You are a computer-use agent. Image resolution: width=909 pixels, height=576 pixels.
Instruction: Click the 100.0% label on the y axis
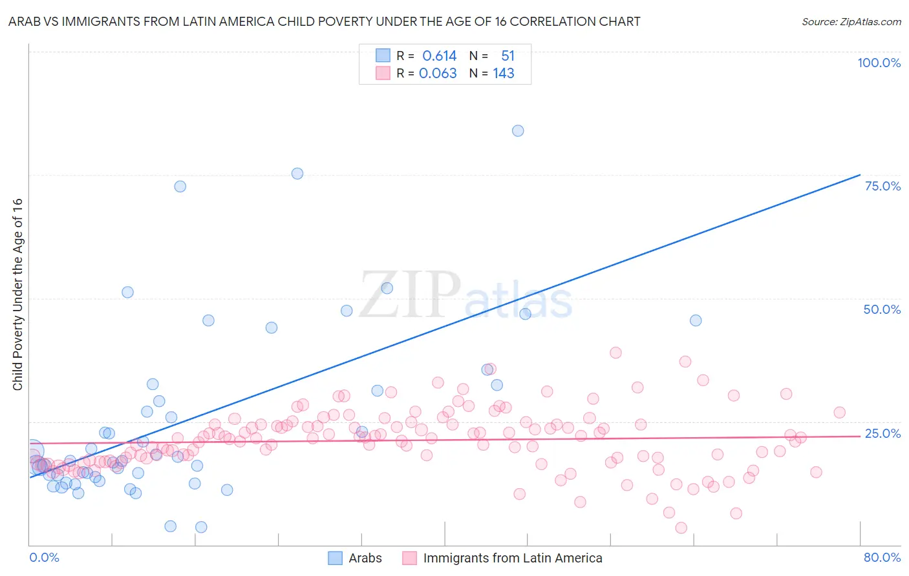879,63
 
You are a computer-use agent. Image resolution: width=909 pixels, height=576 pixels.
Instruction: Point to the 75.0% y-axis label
882,186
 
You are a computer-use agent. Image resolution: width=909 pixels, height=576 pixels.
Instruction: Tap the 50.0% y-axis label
882,309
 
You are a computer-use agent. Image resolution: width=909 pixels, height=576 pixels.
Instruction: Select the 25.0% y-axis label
882,433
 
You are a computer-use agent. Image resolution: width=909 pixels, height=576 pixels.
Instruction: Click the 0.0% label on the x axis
44,557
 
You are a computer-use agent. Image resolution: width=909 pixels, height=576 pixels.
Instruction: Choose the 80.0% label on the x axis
882,557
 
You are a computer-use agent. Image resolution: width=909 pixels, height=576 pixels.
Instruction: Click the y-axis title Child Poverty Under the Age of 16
17,294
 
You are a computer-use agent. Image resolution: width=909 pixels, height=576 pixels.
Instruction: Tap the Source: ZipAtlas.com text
851,21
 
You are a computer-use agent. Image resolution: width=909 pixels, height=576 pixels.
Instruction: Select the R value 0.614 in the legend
439,56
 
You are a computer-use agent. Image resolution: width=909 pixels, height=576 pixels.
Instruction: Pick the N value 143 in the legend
504,74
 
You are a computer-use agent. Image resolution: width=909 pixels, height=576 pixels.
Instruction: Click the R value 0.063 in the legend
438,74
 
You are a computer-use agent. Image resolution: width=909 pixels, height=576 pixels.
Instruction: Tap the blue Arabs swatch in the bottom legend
335,558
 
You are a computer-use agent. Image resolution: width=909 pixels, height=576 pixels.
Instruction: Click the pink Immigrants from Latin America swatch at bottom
409,558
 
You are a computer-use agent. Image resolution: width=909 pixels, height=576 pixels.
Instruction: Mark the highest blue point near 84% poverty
518,130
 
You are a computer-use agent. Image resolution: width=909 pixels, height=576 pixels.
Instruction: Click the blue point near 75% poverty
297,173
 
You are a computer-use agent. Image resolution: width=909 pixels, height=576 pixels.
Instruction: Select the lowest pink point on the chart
681,528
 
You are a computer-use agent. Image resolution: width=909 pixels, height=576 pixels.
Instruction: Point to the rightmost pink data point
839,413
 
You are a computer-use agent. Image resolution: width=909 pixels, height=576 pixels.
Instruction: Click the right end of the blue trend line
860,174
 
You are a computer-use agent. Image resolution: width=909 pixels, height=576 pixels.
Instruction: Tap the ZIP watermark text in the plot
409,294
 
